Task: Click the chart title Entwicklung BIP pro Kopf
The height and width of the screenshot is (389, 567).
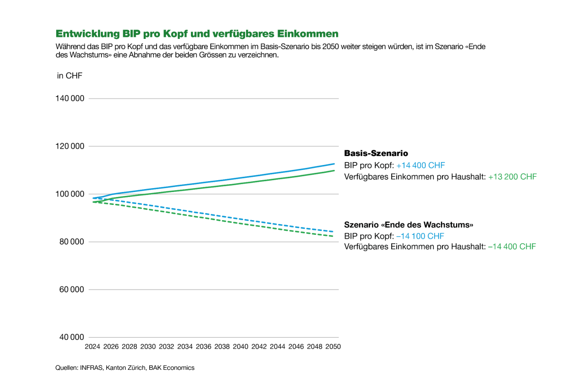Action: (x=197, y=34)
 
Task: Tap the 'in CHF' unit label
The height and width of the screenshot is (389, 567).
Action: (x=69, y=75)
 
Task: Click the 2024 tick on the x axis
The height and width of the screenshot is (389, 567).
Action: (x=93, y=347)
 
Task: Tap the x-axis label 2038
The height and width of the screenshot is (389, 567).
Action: (x=222, y=347)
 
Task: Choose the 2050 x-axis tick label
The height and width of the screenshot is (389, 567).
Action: (x=333, y=347)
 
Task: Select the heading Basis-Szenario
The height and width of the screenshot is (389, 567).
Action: (x=376, y=154)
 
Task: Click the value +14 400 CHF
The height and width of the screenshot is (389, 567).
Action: (x=420, y=165)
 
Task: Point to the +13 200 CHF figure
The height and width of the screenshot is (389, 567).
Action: (x=512, y=176)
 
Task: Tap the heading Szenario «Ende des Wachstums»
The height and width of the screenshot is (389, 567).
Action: (x=409, y=225)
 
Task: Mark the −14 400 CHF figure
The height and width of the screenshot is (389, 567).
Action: (x=511, y=246)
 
